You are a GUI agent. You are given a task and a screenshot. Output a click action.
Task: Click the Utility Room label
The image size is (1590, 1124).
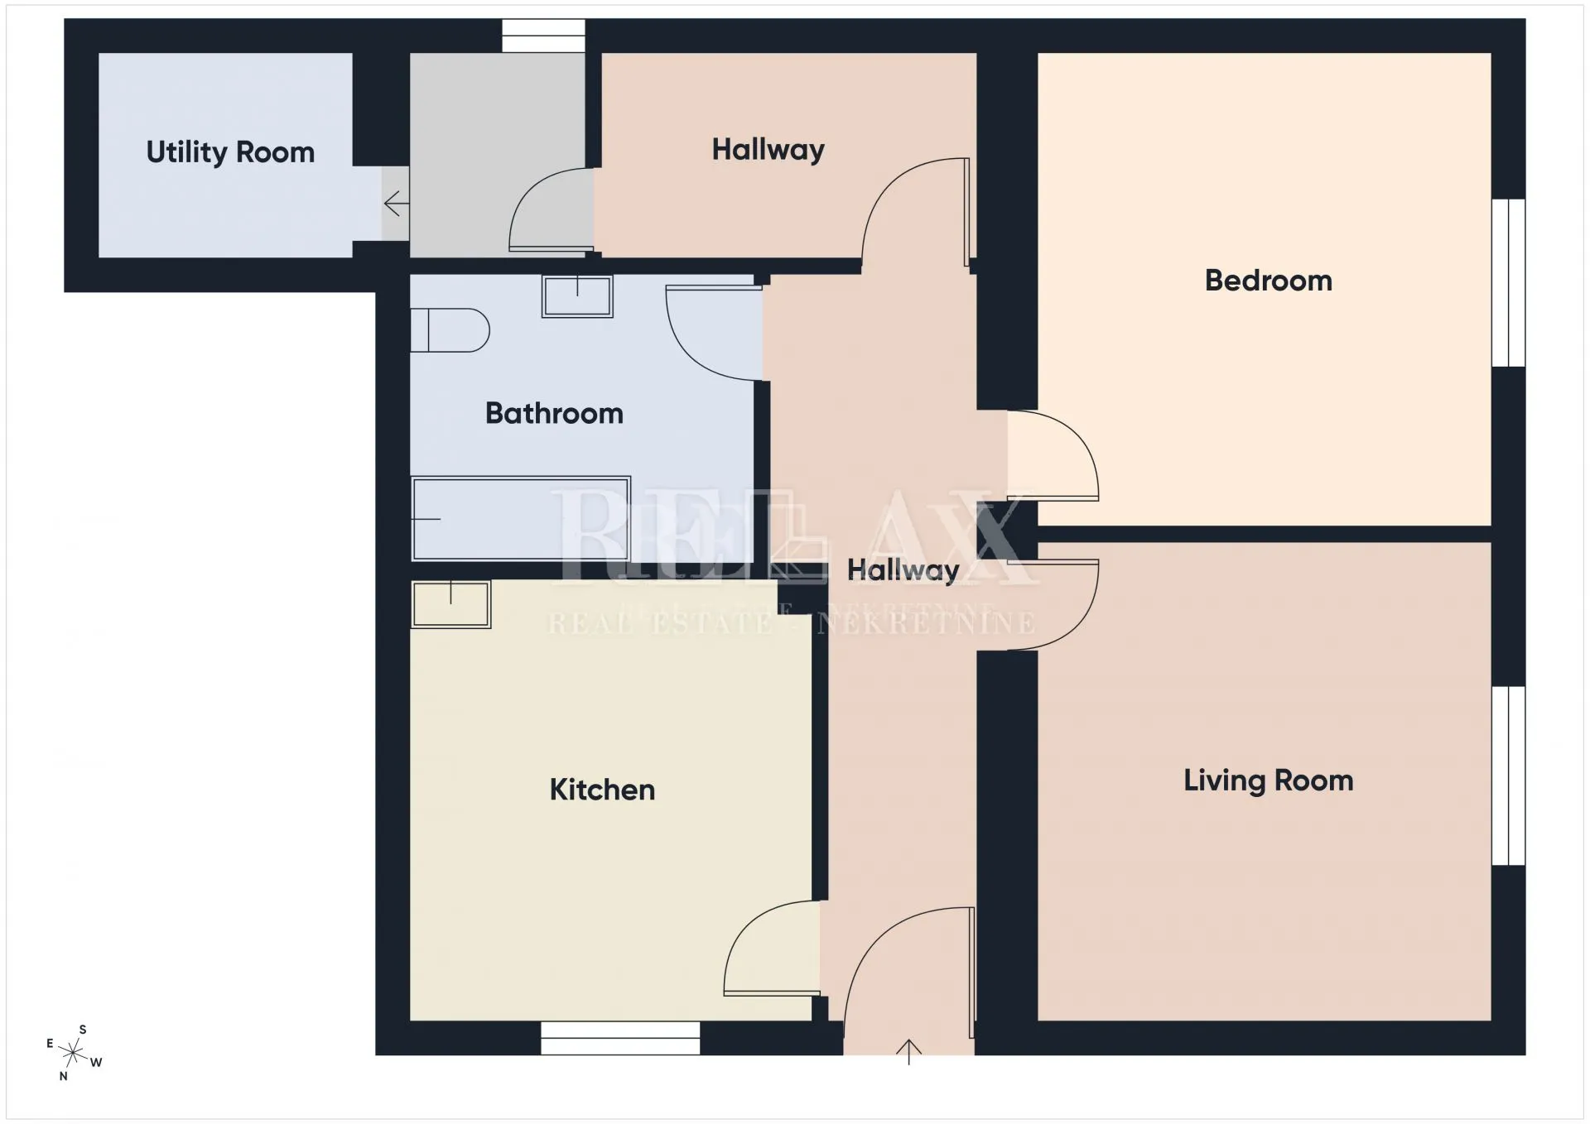click(230, 153)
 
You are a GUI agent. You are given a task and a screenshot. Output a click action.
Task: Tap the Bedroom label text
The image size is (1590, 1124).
click(1268, 281)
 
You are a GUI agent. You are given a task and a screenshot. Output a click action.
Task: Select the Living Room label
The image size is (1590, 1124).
click(1268, 781)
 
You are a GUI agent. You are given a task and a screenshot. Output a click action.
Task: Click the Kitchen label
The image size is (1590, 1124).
click(602, 790)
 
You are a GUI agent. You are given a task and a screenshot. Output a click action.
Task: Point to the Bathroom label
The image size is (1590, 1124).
click(554, 413)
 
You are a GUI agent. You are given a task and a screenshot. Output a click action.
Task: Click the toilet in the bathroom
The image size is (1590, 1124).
click(450, 330)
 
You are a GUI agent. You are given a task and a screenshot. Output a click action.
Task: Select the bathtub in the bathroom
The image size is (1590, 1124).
click(521, 519)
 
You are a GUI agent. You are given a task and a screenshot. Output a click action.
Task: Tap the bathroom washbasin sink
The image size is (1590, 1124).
click(577, 296)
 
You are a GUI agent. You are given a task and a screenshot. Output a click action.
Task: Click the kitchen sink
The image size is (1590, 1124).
click(451, 604)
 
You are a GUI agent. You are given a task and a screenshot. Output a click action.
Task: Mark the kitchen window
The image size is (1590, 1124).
click(620, 1038)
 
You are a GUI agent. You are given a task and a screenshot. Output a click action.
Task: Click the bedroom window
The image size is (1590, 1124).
click(1509, 282)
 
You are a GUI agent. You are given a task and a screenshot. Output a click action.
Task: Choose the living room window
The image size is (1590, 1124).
click(1509, 776)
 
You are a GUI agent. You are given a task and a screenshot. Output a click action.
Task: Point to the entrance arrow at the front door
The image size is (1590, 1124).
click(908, 1052)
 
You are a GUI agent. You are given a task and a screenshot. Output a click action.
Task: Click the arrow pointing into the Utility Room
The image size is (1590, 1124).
click(396, 203)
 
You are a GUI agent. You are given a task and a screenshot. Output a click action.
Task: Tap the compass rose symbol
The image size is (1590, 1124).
click(74, 1053)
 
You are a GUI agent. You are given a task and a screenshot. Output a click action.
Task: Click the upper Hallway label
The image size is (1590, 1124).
click(768, 151)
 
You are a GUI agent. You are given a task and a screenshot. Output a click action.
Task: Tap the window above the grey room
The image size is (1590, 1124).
click(543, 36)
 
